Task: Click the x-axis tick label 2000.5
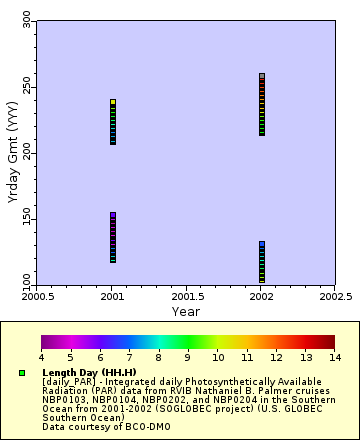(38, 297)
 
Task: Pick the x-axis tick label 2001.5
(187, 297)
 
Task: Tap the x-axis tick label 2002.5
(335, 297)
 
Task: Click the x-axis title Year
(186, 311)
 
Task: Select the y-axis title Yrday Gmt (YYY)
(11, 154)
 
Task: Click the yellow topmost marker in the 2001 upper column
(113, 102)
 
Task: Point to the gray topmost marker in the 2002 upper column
(262, 76)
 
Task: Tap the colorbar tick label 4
(41, 356)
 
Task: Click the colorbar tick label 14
(334, 356)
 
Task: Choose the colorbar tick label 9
(187, 356)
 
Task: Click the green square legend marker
(22, 373)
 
